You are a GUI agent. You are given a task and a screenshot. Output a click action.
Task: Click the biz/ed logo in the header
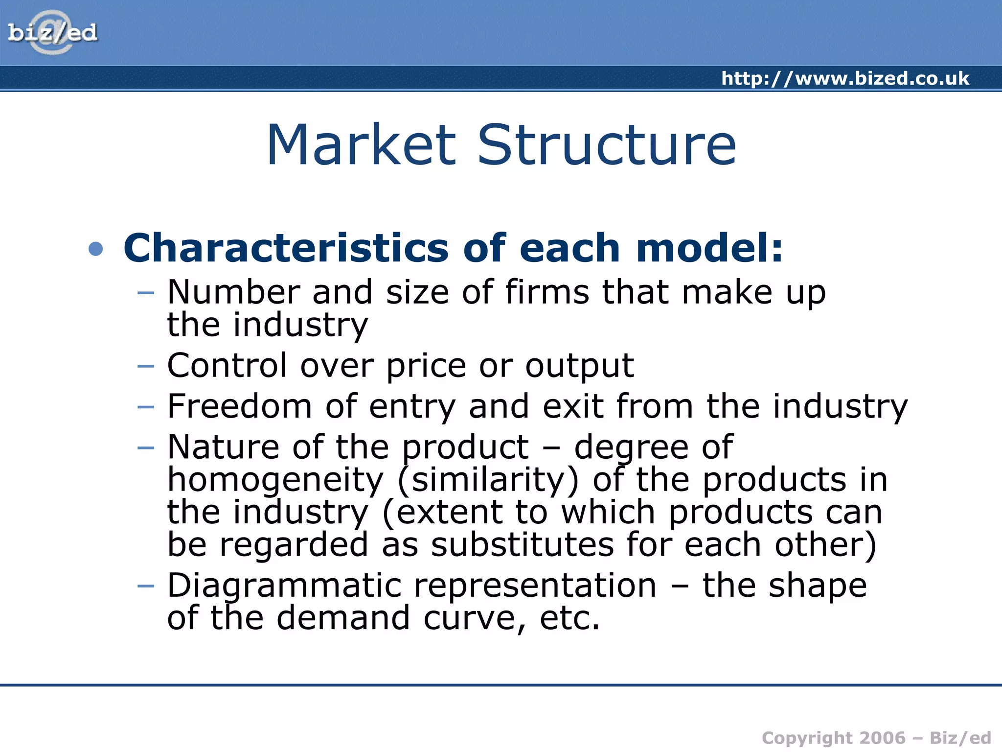click(x=52, y=33)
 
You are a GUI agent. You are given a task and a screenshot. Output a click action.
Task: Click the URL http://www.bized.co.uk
click(x=845, y=78)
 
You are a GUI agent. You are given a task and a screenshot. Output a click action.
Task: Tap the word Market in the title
click(x=361, y=145)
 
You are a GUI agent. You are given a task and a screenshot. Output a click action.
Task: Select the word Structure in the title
click(x=606, y=145)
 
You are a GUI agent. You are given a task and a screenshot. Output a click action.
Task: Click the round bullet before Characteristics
click(x=96, y=249)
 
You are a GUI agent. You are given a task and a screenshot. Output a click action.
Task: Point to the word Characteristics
click(x=286, y=248)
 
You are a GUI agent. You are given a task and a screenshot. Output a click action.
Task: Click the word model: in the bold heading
click(x=709, y=248)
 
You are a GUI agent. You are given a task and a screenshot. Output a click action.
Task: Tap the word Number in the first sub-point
click(x=233, y=292)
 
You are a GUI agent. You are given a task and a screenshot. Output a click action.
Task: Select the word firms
click(x=547, y=292)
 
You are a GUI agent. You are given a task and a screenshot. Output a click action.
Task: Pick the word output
click(x=579, y=366)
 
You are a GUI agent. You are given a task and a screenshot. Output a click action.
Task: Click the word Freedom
click(x=239, y=406)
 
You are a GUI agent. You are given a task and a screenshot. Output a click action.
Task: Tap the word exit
click(x=573, y=406)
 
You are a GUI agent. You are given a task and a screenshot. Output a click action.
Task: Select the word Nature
click(x=224, y=447)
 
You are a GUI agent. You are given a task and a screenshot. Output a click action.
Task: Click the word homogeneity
click(x=275, y=480)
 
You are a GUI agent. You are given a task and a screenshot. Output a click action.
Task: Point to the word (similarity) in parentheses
click(x=488, y=480)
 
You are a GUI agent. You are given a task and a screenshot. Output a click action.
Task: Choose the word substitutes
click(x=522, y=544)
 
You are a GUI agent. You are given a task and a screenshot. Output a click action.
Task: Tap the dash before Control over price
click(x=146, y=366)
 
